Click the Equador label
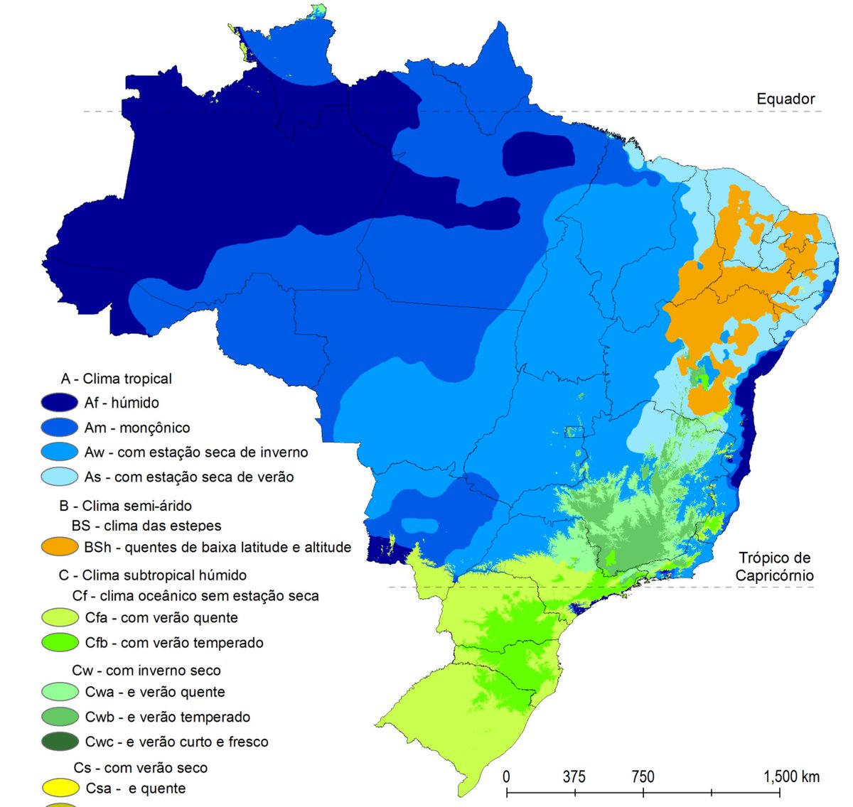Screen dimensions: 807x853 785,99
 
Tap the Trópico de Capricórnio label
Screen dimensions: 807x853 774,567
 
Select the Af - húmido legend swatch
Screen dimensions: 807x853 59,403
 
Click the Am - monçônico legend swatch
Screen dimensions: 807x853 59,428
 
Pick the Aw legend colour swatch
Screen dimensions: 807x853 59,453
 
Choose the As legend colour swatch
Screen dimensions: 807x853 59,477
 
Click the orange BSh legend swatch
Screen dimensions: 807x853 59,547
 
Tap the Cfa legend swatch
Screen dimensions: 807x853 60,617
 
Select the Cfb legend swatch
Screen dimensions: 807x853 60,642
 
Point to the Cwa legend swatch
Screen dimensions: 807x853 60,692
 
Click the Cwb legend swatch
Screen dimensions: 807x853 60,717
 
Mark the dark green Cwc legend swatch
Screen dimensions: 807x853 60,742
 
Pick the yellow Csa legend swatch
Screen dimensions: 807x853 60,788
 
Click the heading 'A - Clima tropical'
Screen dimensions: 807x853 117,379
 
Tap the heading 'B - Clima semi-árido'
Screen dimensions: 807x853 125,506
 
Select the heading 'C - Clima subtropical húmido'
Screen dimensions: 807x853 153,575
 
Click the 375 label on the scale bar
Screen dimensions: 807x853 574,776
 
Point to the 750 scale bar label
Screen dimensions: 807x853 643,776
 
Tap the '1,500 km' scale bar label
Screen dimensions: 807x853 791,776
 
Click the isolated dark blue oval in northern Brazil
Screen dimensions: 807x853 539,153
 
